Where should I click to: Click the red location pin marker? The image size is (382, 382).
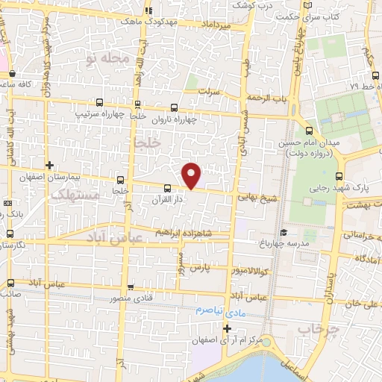(192, 175)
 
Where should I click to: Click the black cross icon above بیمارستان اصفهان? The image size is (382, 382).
(49, 165)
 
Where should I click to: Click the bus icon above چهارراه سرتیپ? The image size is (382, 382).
(137, 104)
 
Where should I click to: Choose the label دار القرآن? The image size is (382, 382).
(166, 200)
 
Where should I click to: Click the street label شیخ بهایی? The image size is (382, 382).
(257, 198)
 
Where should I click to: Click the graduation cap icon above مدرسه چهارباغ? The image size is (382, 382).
(282, 232)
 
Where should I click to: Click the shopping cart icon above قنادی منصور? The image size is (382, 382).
(131, 286)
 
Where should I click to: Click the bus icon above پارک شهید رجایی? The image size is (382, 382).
(339, 176)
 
